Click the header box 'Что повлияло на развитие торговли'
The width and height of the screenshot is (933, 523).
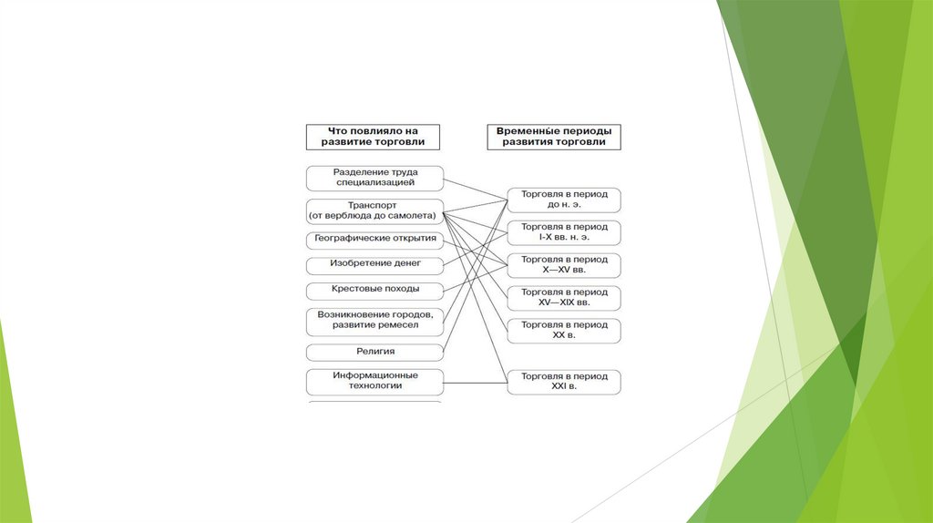[374, 137]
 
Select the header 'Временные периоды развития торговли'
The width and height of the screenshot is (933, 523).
[554, 137]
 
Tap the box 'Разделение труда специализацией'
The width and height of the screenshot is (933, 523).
[374, 177]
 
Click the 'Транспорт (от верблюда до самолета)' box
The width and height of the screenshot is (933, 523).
[374, 210]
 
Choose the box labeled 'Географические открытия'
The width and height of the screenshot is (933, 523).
[374, 240]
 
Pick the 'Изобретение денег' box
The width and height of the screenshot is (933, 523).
[374, 265]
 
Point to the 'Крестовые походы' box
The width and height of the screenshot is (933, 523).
[374, 291]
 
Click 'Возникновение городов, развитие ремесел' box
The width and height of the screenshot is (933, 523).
[374, 319]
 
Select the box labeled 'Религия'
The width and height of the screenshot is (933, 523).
[374, 351]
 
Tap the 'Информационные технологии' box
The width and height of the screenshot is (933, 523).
[374, 380]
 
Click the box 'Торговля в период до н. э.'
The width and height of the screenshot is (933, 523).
[564, 200]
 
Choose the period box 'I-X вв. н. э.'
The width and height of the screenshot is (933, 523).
[564, 231]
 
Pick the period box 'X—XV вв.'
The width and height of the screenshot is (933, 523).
[564, 265]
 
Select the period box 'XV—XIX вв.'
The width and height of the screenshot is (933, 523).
[564, 297]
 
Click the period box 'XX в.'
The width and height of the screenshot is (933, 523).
[564, 330]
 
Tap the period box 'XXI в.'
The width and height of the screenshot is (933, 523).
[564, 381]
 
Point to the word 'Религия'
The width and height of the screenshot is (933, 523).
[375, 351]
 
